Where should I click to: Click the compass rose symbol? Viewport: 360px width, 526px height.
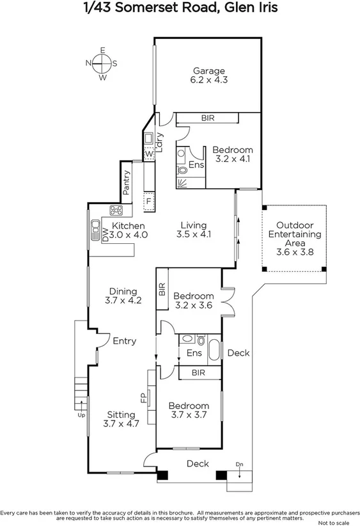[x=102, y=63]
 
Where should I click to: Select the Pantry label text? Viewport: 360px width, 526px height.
[x=127, y=182]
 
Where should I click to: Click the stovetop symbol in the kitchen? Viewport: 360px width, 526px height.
[x=117, y=210]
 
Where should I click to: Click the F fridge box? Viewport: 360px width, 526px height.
[x=149, y=200]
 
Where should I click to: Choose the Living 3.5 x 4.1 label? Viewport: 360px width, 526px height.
[x=193, y=230]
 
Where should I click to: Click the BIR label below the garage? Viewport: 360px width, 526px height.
[x=207, y=118]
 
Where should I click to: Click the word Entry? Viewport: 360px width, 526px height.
[x=124, y=341]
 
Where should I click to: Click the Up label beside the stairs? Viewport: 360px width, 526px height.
[x=81, y=415]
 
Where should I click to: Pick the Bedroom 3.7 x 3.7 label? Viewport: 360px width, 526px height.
[x=188, y=411]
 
